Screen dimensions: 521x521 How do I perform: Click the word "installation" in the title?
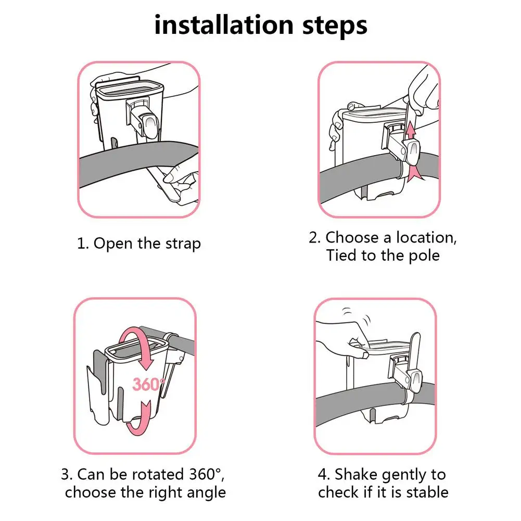pos(224,25)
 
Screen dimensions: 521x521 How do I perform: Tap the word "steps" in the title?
pos(335,27)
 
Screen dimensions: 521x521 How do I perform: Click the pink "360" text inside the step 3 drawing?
pos(146,385)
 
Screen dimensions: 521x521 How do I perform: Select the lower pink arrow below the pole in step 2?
pos(415,173)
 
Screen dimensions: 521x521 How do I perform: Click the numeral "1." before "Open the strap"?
pos(82,244)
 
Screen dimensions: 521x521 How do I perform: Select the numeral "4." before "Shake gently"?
pos(324,475)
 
